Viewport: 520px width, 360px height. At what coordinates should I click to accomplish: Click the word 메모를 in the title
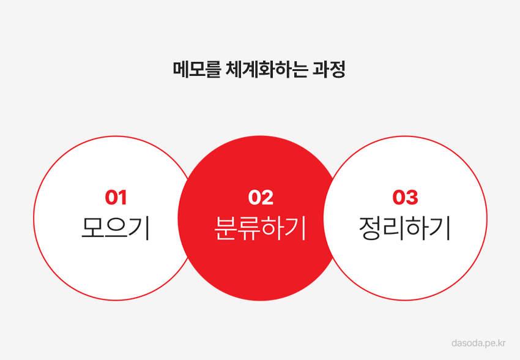196,69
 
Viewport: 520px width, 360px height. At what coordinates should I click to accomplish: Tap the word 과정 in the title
329,69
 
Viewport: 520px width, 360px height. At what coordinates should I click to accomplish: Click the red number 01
116,197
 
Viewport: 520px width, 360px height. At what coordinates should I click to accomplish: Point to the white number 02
261,197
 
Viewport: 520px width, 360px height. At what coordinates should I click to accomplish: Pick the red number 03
405,197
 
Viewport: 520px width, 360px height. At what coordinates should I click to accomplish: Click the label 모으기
116,228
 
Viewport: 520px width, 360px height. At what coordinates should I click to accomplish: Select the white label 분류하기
260,228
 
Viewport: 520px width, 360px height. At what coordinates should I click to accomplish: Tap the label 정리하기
404,228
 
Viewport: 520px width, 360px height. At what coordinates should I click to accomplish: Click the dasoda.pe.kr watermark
478,343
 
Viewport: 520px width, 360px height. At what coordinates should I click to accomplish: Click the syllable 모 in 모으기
92,227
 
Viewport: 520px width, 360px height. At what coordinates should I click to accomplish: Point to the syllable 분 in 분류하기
226,228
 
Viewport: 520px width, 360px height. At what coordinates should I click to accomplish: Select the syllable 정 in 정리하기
370,228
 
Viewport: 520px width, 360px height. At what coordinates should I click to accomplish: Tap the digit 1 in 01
122,197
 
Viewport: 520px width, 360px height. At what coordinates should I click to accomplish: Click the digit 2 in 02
267,197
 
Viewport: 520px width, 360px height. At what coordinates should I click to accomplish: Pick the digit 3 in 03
412,197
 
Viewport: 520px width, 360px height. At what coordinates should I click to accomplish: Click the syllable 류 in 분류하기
249,228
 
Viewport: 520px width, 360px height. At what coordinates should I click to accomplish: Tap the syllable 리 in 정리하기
393,228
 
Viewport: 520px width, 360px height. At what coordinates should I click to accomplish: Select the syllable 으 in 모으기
116,227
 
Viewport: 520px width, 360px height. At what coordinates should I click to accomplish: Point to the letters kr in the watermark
502,342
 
